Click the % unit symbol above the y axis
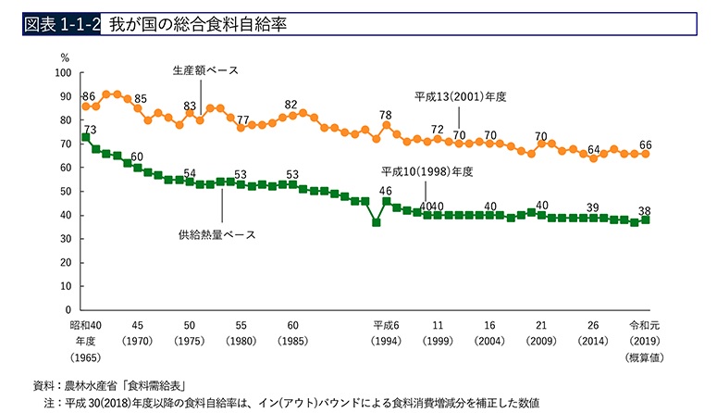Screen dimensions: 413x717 tap(65, 58)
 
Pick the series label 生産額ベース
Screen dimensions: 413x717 tap(205, 70)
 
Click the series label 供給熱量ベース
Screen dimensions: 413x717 tap(216, 233)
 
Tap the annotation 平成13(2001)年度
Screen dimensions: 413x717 tap(462, 95)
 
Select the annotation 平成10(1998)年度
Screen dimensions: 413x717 tap(427, 172)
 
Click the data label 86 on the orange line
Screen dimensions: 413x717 tap(89, 96)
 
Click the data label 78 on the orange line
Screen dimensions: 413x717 tap(386, 115)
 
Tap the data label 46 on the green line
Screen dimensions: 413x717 tap(386, 191)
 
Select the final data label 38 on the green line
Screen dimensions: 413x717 tap(646, 209)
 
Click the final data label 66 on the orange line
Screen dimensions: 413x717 tap(646, 144)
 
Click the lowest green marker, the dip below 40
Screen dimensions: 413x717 tap(376, 222)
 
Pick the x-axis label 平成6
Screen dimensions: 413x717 tap(385, 326)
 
